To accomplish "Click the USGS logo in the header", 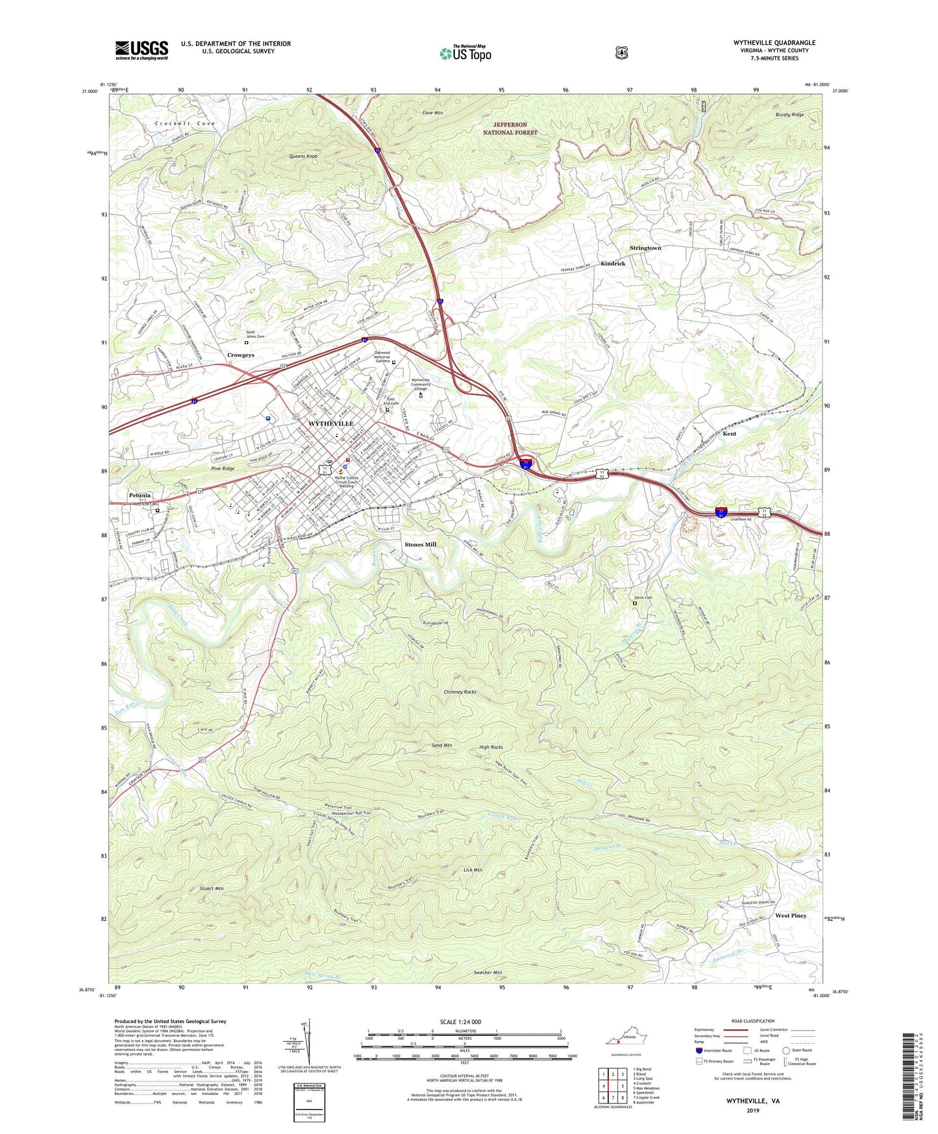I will [142, 50].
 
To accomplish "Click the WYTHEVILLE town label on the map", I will [331, 423].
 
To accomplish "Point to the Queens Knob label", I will [303, 157].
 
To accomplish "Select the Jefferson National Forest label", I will [510, 128].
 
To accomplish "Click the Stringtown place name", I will [645, 248].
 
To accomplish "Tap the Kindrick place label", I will [613, 264].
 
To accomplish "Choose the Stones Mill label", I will [420, 544].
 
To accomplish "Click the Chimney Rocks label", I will [460, 692].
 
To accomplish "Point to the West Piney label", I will [791, 915].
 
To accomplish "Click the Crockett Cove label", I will [184, 123].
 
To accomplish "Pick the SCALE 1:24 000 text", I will [460, 1022].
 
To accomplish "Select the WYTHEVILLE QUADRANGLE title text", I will [774, 43].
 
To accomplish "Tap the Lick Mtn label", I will [473, 869].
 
